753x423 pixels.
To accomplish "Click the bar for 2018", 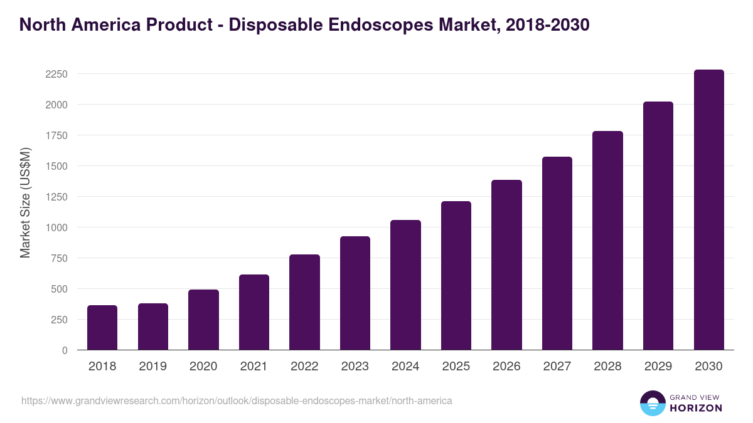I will pos(102,328).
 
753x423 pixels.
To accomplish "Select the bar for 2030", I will pos(708,210).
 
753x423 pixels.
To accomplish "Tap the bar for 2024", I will pos(405,285).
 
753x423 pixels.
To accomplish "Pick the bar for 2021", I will pos(254,312).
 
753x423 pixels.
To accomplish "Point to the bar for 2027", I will pos(557,253).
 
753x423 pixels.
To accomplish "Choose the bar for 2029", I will pos(658,226).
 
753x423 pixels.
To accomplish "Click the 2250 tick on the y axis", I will pos(56,74).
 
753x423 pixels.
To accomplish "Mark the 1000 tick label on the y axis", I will pos(56,227).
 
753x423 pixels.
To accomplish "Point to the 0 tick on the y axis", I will pos(65,350).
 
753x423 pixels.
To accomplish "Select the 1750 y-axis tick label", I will pos(56,135).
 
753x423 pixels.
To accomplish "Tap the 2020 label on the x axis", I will pos(203,367).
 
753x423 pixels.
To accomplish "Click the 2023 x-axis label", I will pos(355,367).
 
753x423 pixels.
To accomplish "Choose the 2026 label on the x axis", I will pos(506,367).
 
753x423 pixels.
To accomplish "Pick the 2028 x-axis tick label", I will pos(607,367).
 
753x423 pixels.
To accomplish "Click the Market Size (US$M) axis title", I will pos(25,202).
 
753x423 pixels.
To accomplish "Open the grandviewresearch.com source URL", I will pos(237,400).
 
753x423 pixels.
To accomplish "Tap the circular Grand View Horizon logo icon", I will pos(652,403).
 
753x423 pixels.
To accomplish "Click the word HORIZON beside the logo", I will pos(696,408).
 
